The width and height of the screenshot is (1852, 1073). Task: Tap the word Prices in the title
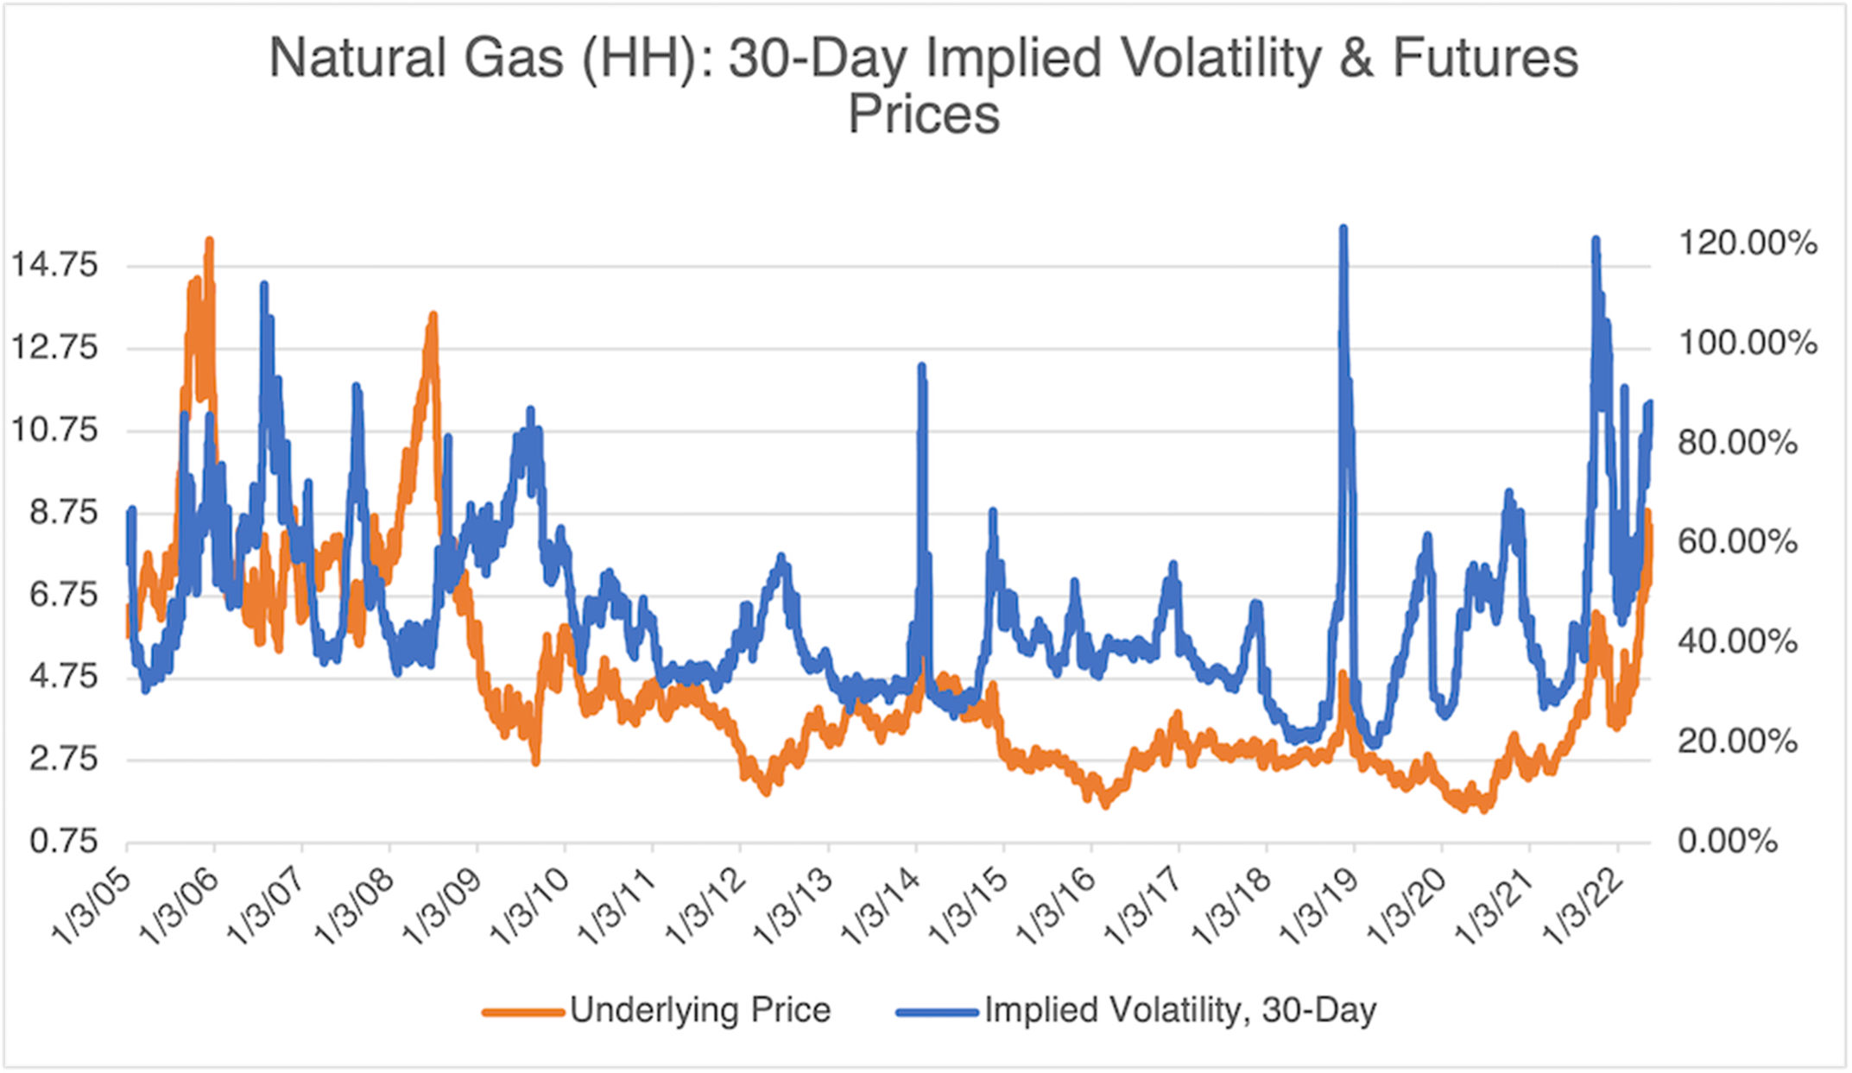click(x=923, y=115)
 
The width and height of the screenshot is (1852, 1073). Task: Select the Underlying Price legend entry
click(x=656, y=1009)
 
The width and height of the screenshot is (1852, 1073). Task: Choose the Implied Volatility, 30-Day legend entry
click(x=1136, y=1009)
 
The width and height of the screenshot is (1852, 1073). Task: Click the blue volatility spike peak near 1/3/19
click(x=1343, y=230)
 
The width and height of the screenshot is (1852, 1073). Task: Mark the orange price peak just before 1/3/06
click(x=209, y=242)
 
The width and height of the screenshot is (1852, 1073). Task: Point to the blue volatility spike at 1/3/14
click(x=921, y=367)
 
